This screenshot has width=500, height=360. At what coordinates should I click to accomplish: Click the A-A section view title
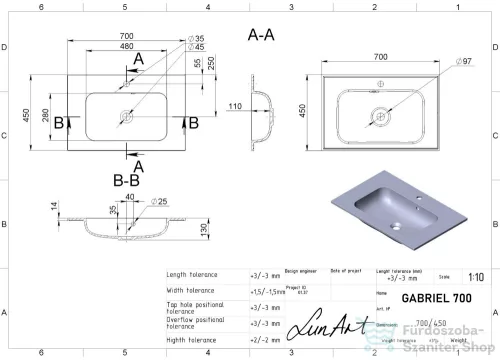[x=263, y=34]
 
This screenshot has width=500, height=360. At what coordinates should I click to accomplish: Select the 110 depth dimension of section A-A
[x=236, y=106]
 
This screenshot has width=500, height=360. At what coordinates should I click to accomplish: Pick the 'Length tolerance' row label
[x=196, y=274]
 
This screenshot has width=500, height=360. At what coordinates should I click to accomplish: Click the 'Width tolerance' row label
[x=194, y=290]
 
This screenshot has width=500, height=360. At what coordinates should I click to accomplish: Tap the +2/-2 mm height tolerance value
[x=263, y=339]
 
